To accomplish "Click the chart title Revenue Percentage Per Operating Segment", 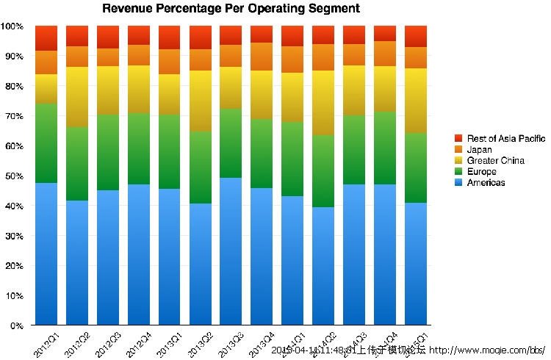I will click(231, 10).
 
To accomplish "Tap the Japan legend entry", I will click(477, 149).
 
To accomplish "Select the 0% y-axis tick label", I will click(16, 325).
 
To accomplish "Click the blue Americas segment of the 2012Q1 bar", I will click(46, 253).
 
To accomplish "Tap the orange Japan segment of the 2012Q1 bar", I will click(46, 62).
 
